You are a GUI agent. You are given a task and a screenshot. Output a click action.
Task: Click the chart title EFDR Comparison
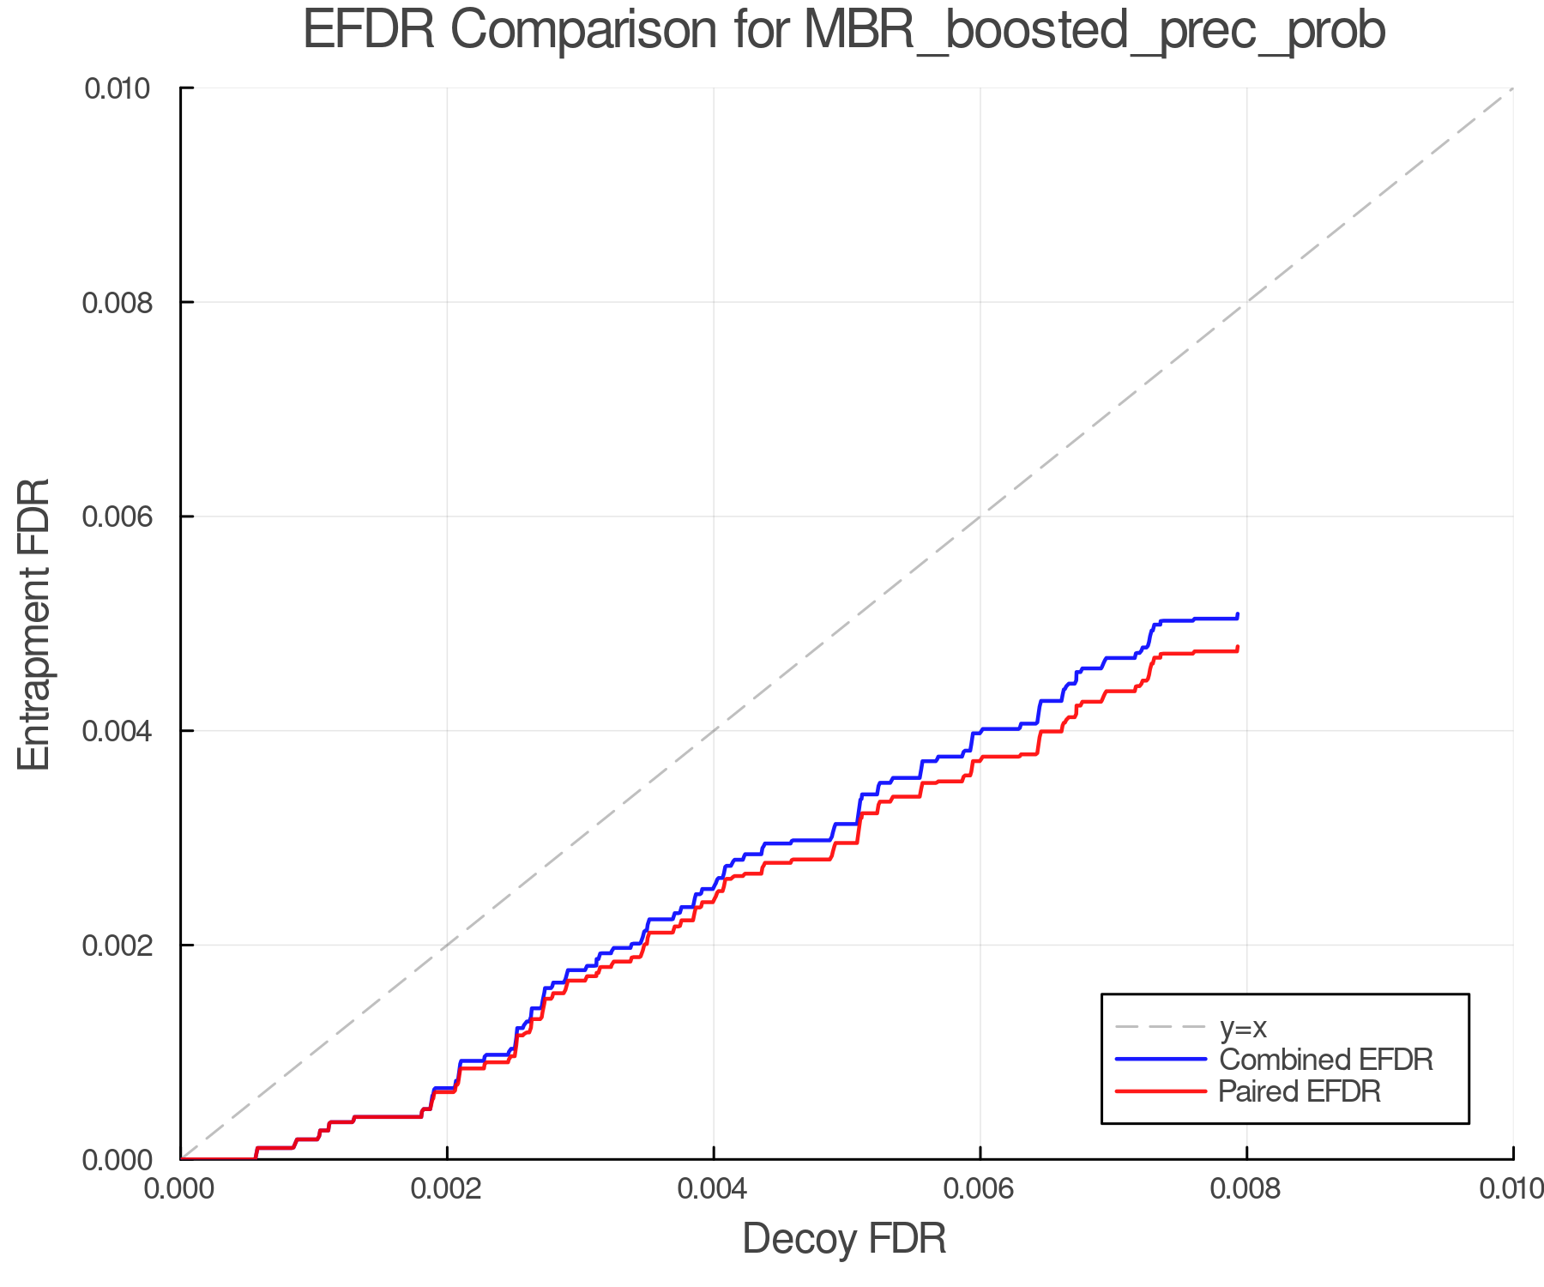[x=844, y=31]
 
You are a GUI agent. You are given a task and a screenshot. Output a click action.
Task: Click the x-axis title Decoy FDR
[x=844, y=1238]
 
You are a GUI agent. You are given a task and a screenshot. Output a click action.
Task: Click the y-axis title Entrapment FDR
[x=35, y=624]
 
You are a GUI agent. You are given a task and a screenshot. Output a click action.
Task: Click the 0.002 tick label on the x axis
[x=446, y=1189]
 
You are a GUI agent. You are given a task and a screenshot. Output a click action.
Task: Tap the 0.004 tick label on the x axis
[x=713, y=1189]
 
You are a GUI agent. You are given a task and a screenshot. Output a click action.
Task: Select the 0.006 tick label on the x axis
[x=980, y=1189]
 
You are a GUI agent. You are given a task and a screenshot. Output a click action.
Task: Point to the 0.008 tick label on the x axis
[x=1246, y=1189]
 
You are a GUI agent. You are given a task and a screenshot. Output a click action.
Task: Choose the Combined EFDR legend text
[x=1325, y=1060]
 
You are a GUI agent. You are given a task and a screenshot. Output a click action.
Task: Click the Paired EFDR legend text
[x=1300, y=1091]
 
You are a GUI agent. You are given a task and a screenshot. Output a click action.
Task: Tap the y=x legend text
[x=1243, y=1027]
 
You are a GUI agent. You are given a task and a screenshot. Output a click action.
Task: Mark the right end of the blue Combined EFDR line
[x=1238, y=614]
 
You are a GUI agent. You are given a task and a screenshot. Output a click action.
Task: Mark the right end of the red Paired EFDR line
[x=1238, y=647]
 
